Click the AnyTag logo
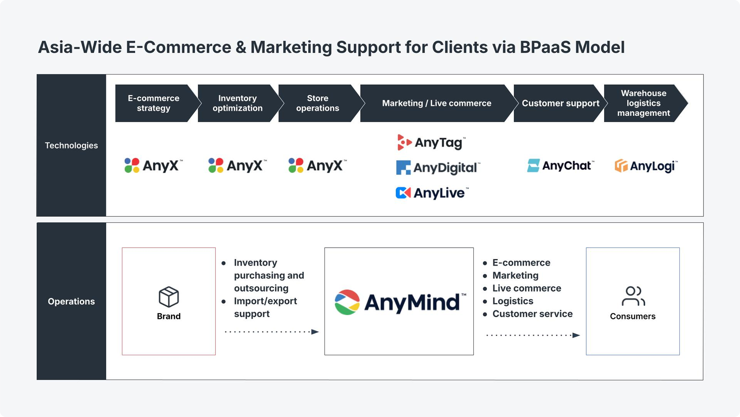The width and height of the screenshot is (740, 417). point(431,143)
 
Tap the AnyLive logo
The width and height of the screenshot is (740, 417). point(432,193)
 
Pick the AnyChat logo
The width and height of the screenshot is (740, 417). point(560,166)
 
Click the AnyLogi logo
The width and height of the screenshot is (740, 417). point(646,166)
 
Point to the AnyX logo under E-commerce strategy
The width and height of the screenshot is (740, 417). point(153,166)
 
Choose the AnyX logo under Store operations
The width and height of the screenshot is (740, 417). point(317,166)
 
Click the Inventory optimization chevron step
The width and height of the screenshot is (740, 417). point(238,103)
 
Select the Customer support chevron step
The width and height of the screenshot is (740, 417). point(560,103)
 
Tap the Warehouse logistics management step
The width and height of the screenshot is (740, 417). point(643,103)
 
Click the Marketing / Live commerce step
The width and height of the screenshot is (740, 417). point(437,103)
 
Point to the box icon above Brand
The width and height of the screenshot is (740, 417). point(168,297)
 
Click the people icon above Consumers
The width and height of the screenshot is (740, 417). point(633,296)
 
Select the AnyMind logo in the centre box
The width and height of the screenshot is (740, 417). point(400,302)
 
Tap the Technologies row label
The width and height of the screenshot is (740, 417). point(71,145)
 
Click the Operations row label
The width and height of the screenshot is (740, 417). point(71,301)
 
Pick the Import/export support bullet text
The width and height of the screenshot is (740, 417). point(265,307)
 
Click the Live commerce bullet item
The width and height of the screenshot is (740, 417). point(526,288)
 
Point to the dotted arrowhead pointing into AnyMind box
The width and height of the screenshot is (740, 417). point(315,332)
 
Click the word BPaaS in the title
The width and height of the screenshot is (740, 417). point(545,47)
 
